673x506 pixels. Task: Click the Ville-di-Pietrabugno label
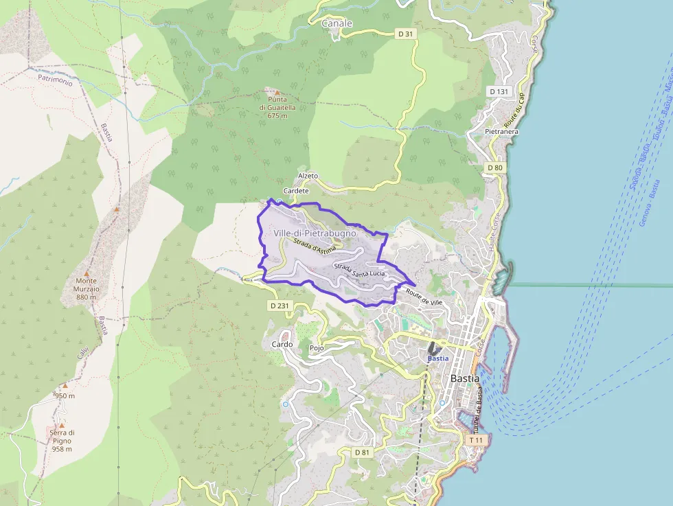click(315, 233)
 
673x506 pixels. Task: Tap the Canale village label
click(336, 23)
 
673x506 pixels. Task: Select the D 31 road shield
click(407, 34)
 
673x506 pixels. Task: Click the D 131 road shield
click(499, 91)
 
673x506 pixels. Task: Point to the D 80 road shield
click(495, 168)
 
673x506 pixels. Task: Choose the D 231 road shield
click(280, 306)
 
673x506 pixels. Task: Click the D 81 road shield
click(363, 452)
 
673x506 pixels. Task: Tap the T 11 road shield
click(476, 439)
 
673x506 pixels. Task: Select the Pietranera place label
click(501, 131)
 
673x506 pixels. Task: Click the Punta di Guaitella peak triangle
click(277, 92)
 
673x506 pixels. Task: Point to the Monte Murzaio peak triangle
click(87, 273)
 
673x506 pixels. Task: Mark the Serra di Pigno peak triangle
click(61, 425)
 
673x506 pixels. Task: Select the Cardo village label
click(282, 344)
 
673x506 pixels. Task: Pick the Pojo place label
click(317, 348)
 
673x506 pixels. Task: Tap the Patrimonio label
click(55, 80)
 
